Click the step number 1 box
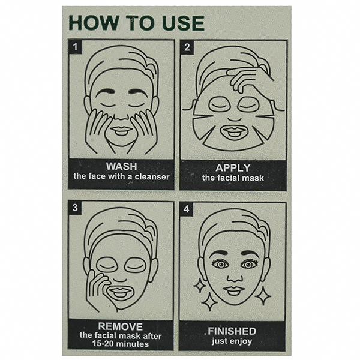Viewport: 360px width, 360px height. (x=75, y=47)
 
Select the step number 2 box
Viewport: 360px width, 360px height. (x=187, y=47)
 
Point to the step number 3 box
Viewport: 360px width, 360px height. (x=75, y=208)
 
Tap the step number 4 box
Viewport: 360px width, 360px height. (x=186, y=209)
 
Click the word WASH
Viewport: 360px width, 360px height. (x=121, y=166)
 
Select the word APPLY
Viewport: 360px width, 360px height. (x=233, y=168)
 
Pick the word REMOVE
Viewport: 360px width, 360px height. (x=121, y=326)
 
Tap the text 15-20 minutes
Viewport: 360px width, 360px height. (x=121, y=344)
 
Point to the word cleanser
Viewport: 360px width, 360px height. (x=152, y=176)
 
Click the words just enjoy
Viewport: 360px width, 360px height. (x=232, y=341)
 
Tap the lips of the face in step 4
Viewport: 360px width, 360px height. (x=233, y=290)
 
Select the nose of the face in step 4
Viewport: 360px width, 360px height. (x=235, y=277)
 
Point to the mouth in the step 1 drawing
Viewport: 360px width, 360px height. (x=121, y=131)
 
